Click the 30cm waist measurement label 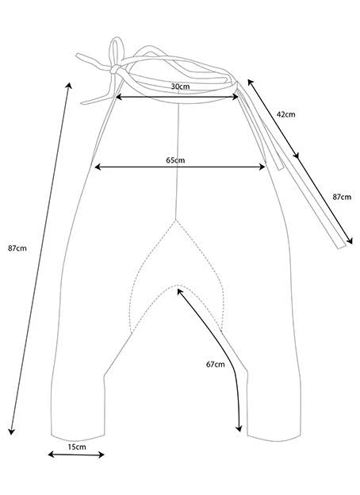coord(180,86)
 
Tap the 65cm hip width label coord(175,160)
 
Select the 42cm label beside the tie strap coord(285,114)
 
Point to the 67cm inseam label coord(216,364)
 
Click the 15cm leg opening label coord(77,447)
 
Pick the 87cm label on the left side coord(17,248)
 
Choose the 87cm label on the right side coord(342,197)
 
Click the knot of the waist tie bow coord(116,69)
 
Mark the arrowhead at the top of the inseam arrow coord(179,291)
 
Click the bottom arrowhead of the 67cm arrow coord(239,428)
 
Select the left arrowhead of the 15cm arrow coord(51,455)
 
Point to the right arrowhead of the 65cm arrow coord(262,167)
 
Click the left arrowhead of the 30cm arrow coord(119,97)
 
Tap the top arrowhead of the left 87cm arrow coord(69,85)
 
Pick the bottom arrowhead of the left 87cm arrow coord(11,432)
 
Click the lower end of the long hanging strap coord(342,247)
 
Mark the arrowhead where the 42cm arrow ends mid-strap coord(295,155)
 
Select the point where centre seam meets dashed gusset coord(175,219)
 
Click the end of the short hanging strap coord(281,168)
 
